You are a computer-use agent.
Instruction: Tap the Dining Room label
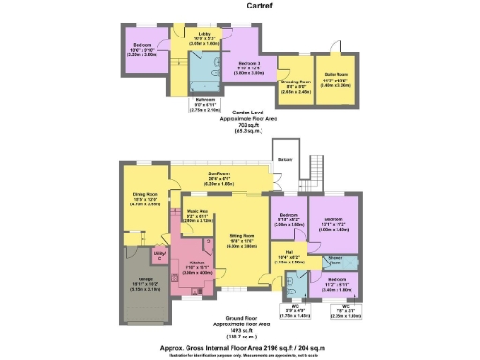click(144, 194)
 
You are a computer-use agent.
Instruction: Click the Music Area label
click(197, 212)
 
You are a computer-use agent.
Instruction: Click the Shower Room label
click(335, 259)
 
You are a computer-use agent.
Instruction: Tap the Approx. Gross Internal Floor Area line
click(238, 346)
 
